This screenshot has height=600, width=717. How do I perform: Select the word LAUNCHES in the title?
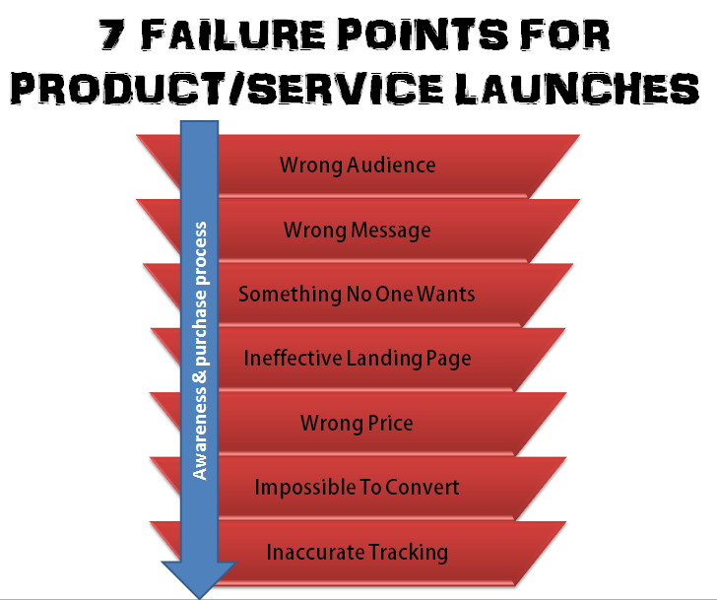574,91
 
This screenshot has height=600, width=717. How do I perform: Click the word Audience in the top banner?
390,165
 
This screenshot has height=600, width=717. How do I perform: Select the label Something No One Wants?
358,294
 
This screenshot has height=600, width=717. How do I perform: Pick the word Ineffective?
293,359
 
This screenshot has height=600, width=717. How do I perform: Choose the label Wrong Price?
357,424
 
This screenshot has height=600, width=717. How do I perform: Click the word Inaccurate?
315,553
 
